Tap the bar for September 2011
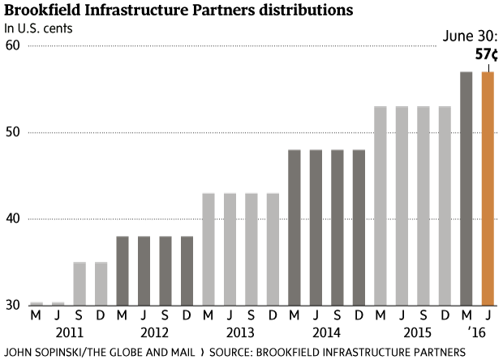tap(80, 283)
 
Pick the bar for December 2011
tap(101, 283)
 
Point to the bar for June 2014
tap(316, 227)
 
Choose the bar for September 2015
tap(423, 206)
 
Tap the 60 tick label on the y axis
tap(12, 45)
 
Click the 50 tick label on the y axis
tap(12, 132)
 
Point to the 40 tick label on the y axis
tap(12, 219)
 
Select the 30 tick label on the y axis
tap(12, 306)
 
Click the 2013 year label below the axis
tap(240, 332)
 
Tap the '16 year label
tap(477, 332)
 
